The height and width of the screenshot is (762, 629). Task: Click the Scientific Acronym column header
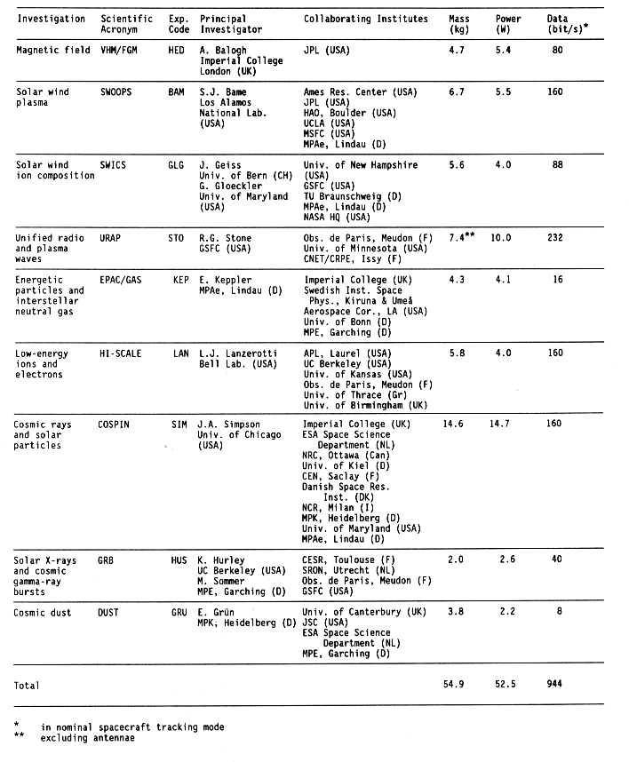[125, 24]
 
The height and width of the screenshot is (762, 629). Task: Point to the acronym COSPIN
[119, 425]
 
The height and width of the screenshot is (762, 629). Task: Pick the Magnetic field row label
[52, 51]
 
